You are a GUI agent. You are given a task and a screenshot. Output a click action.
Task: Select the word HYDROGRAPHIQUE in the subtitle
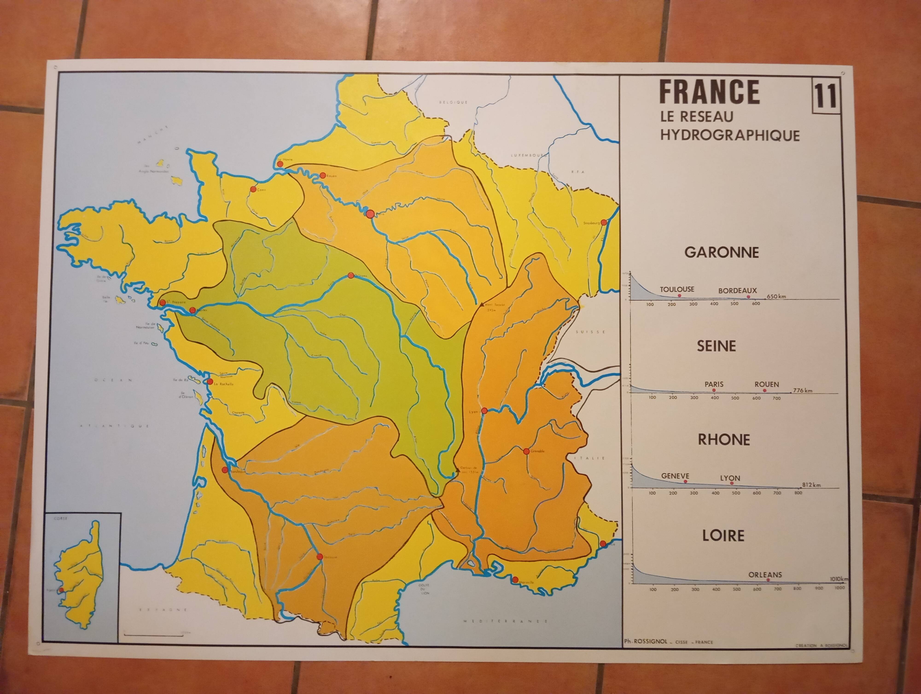coord(730,135)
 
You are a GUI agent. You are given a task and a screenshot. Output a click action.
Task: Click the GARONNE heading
coord(722,253)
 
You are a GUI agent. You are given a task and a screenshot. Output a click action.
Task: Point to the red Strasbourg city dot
coord(604,222)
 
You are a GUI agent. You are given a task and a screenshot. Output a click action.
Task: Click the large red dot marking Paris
coord(370,214)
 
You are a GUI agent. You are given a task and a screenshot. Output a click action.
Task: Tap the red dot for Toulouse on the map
coord(319,556)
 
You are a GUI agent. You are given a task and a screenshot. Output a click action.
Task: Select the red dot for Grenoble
coord(526,451)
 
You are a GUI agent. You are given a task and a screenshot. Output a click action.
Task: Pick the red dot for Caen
coord(253,189)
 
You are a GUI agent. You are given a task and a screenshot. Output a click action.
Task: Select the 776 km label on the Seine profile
coord(802,390)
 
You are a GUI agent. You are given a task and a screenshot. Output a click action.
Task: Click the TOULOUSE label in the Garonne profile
coord(677,289)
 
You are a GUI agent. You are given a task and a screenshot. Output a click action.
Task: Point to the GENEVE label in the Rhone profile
coord(675,476)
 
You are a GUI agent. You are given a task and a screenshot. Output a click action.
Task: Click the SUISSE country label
coord(590,332)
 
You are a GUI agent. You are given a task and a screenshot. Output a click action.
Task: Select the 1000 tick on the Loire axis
coord(839,588)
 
